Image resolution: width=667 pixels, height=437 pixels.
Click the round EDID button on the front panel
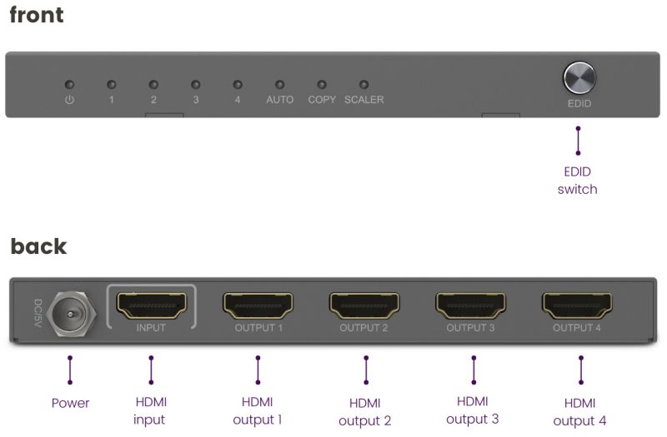click(x=579, y=77)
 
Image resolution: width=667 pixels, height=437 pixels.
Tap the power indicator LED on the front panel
click(x=69, y=85)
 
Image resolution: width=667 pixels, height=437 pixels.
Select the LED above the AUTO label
click(x=279, y=85)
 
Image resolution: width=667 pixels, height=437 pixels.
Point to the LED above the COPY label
click(x=322, y=85)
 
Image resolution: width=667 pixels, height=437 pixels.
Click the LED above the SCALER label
click(x=364, y=85)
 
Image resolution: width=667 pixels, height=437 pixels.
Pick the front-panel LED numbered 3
click(x=196, y=85)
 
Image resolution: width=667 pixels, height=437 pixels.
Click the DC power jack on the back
click(x=72, y=314)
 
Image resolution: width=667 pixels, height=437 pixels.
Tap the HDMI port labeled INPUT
click(x=152, y=305)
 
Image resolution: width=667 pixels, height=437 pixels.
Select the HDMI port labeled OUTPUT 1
click(x=258, y=305)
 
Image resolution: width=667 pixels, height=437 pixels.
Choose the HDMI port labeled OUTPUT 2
click(x=364, y=305)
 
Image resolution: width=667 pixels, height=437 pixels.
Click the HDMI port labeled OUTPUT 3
click(x=471, y=305)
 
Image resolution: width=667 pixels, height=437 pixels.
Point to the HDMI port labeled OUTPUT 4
click(x=577, y=305)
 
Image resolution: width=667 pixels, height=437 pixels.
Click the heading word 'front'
click(x=37, y=15)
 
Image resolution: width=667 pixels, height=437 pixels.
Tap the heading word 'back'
click(x=38, y=246)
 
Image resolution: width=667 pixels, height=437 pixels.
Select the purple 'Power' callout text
click(x=70, y=403)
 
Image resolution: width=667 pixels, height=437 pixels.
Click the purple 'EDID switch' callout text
click(x=577, y=181)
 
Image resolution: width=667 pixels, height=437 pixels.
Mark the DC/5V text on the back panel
click(x=38, y=313)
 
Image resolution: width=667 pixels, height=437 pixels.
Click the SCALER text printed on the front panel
click(x=364, y=99)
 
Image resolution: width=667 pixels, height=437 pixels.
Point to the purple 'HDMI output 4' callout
click(x=579, y=412)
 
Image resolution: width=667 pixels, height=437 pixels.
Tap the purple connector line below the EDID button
click(x=578, y=141)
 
